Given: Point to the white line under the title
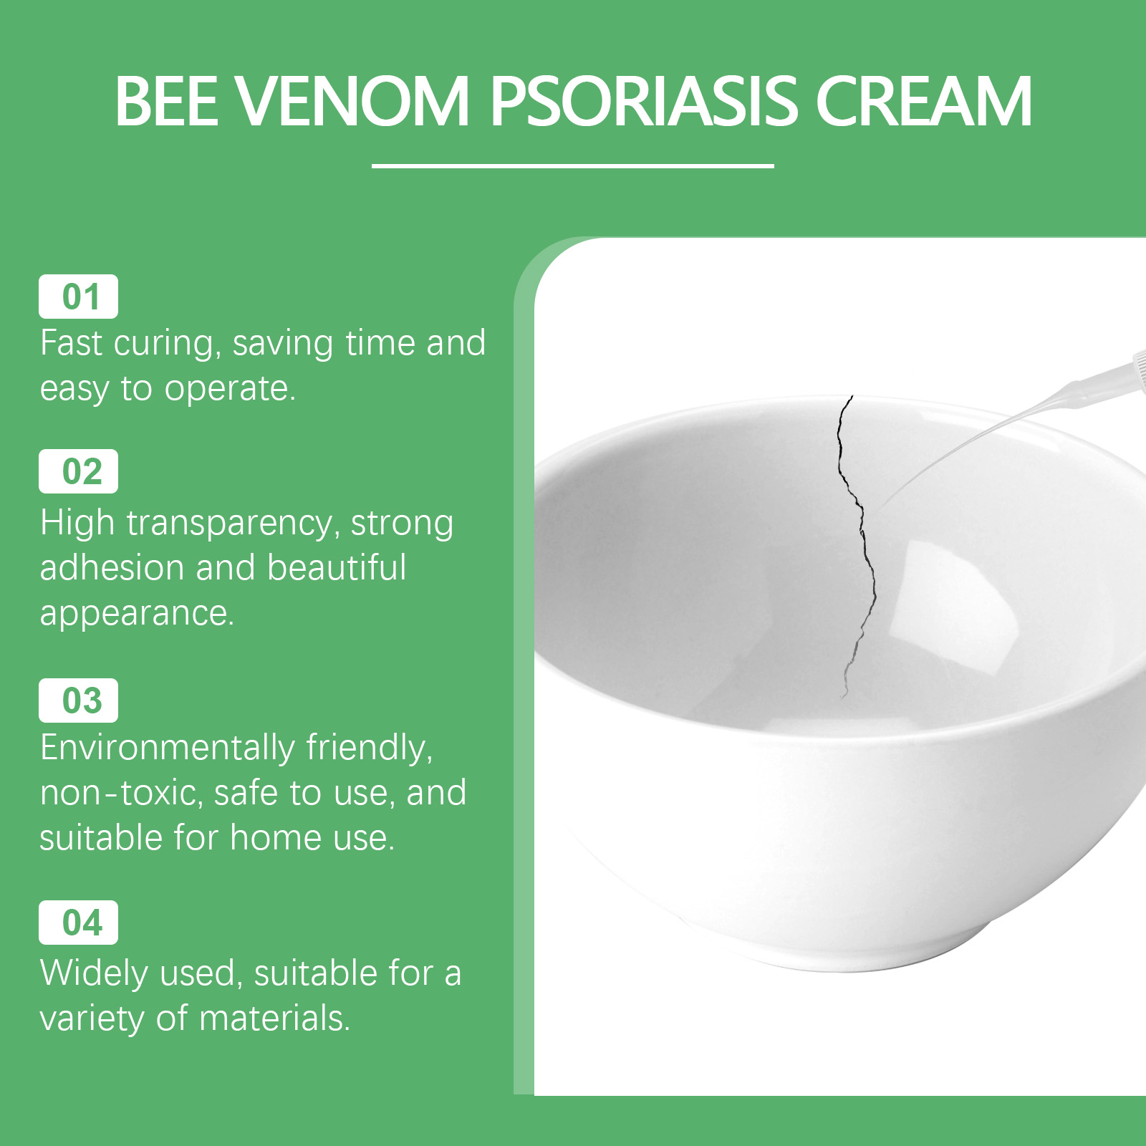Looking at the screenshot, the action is (573, 165).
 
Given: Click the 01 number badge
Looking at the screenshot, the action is (79, 297).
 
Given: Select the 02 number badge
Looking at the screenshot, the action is (79, 471).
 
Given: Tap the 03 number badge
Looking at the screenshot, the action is (79, 700).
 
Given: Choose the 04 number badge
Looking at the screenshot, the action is (79, 923).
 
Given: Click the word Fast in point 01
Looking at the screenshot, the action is (71, 343).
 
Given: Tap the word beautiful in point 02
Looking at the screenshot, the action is (337, 567).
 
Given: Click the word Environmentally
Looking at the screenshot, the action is (167, 748).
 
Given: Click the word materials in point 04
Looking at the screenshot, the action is (275, 1019).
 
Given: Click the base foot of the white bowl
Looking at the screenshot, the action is (845, 953).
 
